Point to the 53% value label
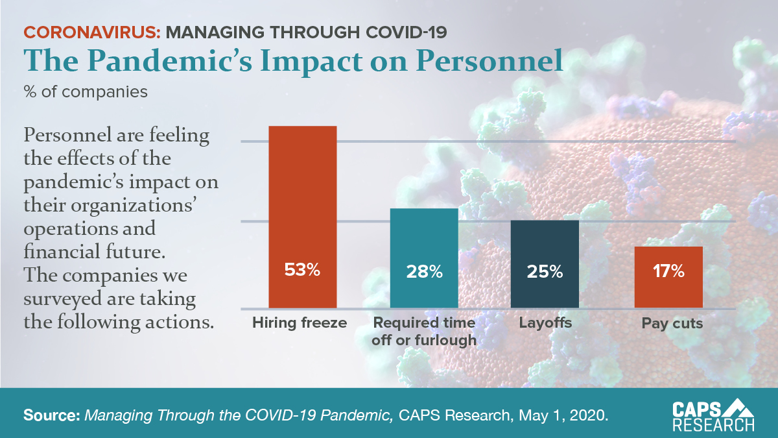pyautogui.click(x=303, y=271)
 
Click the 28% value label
pyautogui.click(x=424, y=271)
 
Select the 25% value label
pyautogui.click(x=545, y=271)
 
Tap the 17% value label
pyautogui.click(x=668, y=271)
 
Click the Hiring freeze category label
pyautogui.click(x=300, y=323)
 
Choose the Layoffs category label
pyautogui.click(x=545, y=323)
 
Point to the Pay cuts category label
pyautogui.click(x=672, y=323)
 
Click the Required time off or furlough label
pyautogui.click(x=424, y=331)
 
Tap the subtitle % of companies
pyautogui.click(x=86, y=92)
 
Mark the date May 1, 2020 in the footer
pyautogui.click(x=571, y=415)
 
